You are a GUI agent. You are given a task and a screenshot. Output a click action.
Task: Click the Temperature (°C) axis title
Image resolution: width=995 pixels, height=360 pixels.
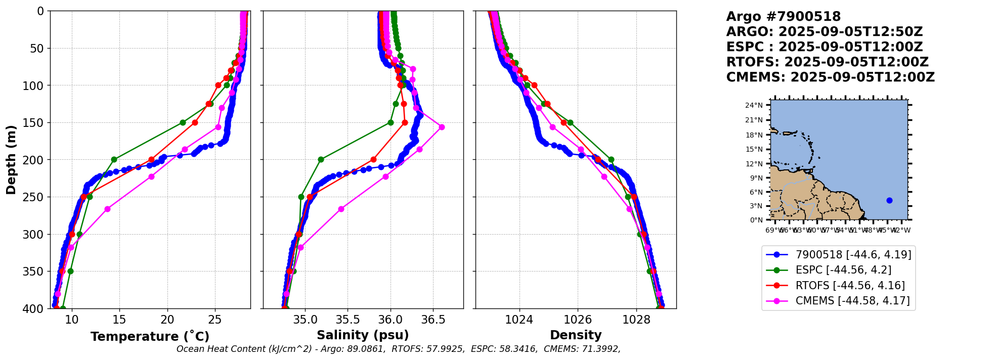click(x=150, y=337)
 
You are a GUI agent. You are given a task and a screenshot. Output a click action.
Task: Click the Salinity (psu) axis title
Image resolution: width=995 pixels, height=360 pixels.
click(x=363, y=335)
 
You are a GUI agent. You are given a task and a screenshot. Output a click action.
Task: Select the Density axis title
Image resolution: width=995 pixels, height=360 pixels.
click(x=576, y=335)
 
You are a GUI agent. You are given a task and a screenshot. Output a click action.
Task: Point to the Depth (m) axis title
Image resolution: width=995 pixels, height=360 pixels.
click(x=11, y=160)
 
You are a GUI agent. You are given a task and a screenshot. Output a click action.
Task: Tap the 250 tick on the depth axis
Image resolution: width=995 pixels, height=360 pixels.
click(x=36, y=197)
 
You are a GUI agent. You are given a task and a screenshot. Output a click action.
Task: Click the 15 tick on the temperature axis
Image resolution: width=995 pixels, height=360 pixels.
click(x=119, y=320)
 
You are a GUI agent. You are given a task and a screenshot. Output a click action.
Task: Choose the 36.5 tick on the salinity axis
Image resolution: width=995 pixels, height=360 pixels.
click(x=433, y=320)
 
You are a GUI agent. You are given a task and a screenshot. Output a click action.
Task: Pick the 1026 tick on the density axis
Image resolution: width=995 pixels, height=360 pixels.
click(x=578, y=320)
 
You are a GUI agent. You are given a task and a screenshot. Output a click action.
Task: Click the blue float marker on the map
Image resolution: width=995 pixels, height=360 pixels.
click(x=889, y=200)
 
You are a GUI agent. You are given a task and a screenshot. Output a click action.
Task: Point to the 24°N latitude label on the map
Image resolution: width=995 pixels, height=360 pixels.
click(x=754, y=105)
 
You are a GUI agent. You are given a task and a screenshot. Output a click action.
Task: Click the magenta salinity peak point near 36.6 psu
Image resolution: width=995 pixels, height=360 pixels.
click(x=442, y=127)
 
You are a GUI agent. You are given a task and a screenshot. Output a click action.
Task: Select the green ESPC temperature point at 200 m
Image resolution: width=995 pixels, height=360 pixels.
click(x=114, y=159)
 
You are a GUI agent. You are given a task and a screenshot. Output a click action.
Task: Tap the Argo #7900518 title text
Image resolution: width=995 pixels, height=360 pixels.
click(x=783, y=17)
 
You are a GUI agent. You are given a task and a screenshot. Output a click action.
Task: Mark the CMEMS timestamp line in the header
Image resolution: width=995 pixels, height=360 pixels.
click(x=830, y=77)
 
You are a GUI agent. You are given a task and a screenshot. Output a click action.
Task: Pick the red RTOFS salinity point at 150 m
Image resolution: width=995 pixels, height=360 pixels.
click(x=405, y=122)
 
